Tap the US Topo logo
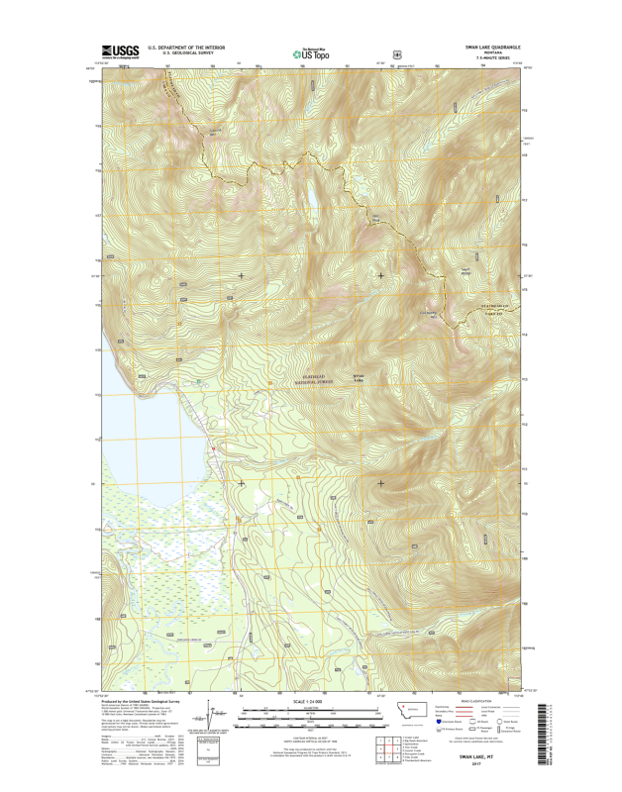point(309,53)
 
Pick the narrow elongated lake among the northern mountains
point(311,195)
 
